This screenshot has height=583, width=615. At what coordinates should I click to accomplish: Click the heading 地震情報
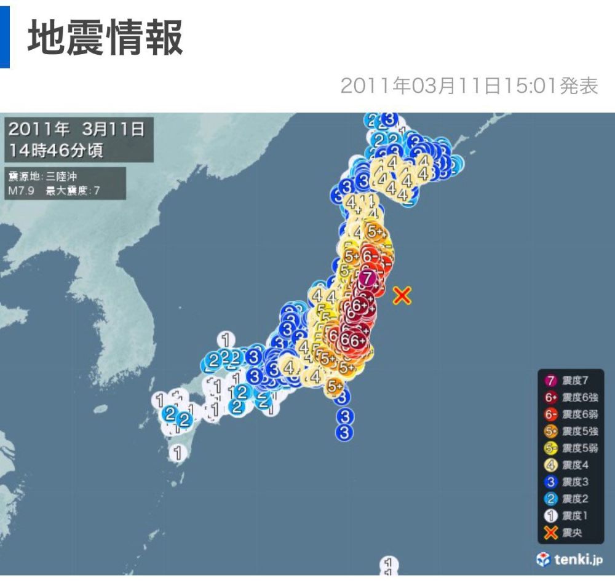pos(105,38)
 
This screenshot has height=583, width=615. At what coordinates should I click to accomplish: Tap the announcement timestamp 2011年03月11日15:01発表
pos(469,86)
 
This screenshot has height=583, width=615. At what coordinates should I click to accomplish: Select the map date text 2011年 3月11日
pos(77,129)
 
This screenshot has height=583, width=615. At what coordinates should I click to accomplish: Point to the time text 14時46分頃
pos(56,149)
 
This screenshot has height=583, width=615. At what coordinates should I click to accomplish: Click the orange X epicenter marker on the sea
pos(402,296)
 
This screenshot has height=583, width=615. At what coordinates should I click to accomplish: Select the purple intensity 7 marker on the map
pos(367,278)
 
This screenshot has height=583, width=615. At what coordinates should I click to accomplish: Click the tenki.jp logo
pos(570,559)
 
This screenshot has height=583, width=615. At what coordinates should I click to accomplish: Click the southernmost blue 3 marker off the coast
pos(345,433)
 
